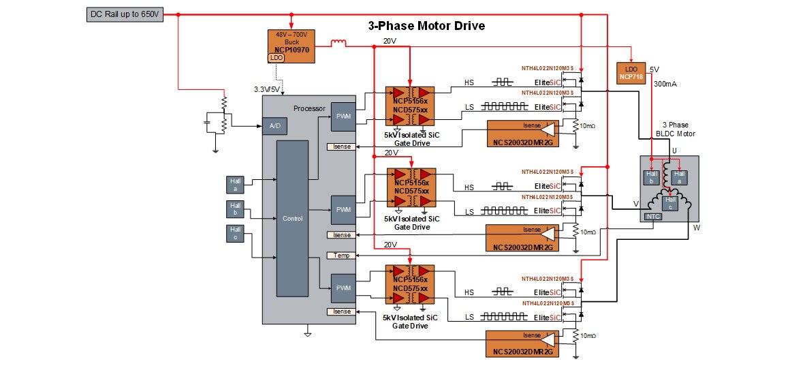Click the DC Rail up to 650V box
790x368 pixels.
click(x=125, y=14)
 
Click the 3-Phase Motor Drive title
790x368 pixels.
click(x=422, y=26)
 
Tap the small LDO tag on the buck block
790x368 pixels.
click(x=277, y=58)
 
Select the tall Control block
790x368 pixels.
click(x=291, y=219)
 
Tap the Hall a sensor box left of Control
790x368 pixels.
click(x=236, y=184)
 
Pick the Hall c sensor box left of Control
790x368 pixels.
click(x=236, y=233)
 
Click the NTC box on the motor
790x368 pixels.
click(x=652, y=217)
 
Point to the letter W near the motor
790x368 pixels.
click(x=696, y=228)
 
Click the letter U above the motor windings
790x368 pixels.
click(x=674, y=151)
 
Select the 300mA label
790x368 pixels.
click(x=665, y=85)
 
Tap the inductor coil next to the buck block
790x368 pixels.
click(x=338, y=45)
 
